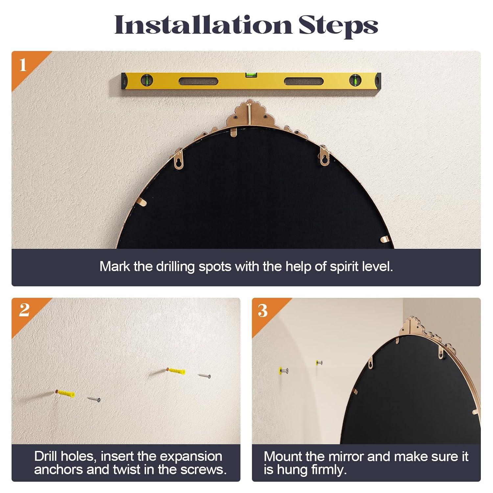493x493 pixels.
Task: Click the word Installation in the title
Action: (x=203, y=25)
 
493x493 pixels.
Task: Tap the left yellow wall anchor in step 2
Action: (x=66, y=393)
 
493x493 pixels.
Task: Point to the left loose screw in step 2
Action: (x=94, y=399)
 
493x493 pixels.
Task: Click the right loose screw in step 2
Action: (x=204, y=375)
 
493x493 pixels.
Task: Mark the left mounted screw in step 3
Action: (x=283, y=371)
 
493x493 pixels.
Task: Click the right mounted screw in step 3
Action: (x=319, y=363)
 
